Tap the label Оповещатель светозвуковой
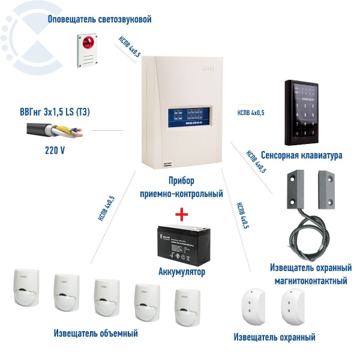coord(100,19)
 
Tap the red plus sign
coord(181,214)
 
